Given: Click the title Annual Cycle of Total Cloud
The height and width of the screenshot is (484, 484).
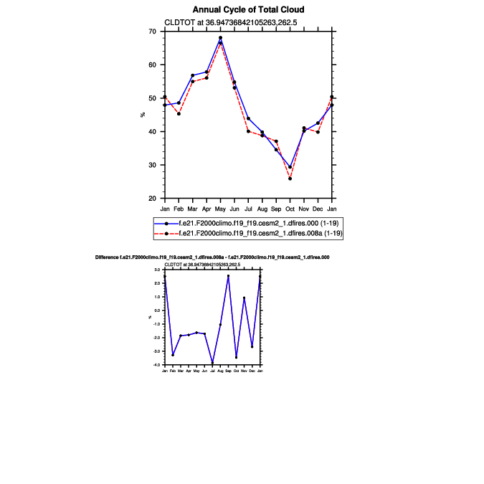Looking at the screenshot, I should (248, 9).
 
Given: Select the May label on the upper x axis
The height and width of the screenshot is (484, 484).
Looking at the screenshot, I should (220, 209).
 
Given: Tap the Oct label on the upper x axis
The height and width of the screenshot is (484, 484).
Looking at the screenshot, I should (290, 209).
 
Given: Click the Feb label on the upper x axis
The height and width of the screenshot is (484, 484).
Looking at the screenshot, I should (179, 209).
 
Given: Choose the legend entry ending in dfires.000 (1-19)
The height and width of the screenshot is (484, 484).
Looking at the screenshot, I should (248, 224).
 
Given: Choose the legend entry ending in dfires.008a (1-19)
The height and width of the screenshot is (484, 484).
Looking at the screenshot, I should (248, 234).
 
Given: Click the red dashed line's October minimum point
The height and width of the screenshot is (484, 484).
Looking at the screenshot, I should (290, 179).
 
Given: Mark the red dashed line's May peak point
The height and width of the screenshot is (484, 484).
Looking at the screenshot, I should (220, 38).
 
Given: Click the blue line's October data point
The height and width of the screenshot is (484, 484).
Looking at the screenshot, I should (290, 167).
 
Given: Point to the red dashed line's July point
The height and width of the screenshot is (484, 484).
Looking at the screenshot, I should (248, 131).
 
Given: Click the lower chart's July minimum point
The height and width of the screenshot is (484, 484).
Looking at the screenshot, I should (212, 363).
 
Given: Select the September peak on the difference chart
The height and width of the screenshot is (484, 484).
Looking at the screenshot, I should (228, 276).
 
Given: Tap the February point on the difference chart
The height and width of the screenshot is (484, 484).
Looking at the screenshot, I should (173, 355).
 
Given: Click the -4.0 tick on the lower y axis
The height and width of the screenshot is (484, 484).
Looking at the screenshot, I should (158, 365).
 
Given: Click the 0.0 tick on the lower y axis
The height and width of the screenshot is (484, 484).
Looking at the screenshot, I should (159, 310).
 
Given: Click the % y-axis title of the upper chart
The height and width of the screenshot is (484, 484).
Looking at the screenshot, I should (142, 115).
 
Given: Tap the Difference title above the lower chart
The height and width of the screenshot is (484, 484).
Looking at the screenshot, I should (212, 257).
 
